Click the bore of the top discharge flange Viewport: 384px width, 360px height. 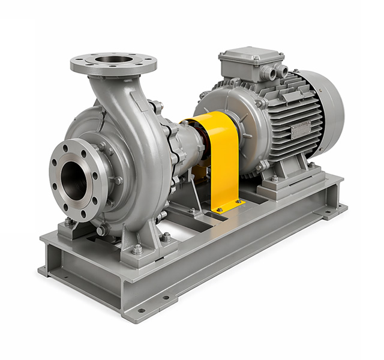click(113, 59)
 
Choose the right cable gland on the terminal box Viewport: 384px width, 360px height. click(280, 71)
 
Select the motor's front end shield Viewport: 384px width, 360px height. click(231, 120)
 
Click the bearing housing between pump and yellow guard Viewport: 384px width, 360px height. click(183, 144)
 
